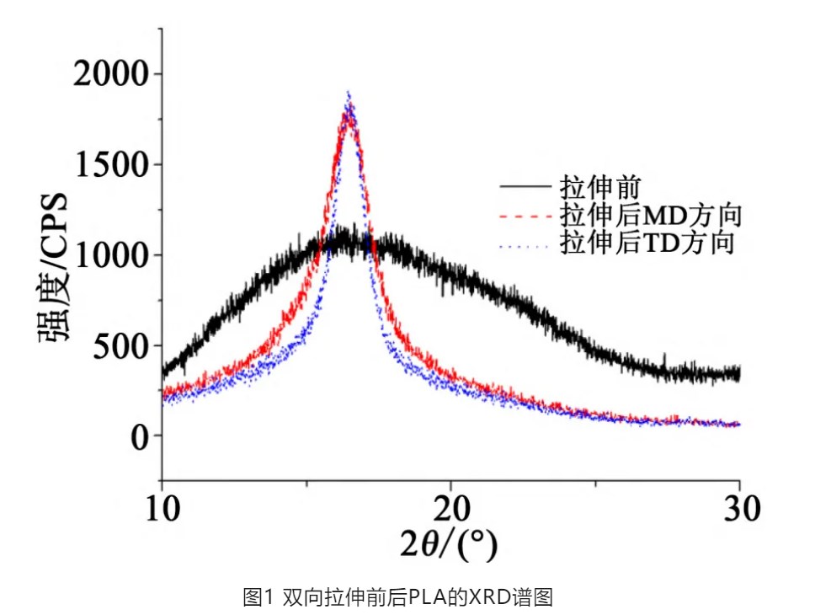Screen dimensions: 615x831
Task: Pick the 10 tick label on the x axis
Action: (161, 508)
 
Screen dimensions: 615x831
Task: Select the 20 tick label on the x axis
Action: (450, 508)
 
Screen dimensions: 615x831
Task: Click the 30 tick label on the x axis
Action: (740, 508)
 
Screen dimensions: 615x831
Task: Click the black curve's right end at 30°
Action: (738, 373)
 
